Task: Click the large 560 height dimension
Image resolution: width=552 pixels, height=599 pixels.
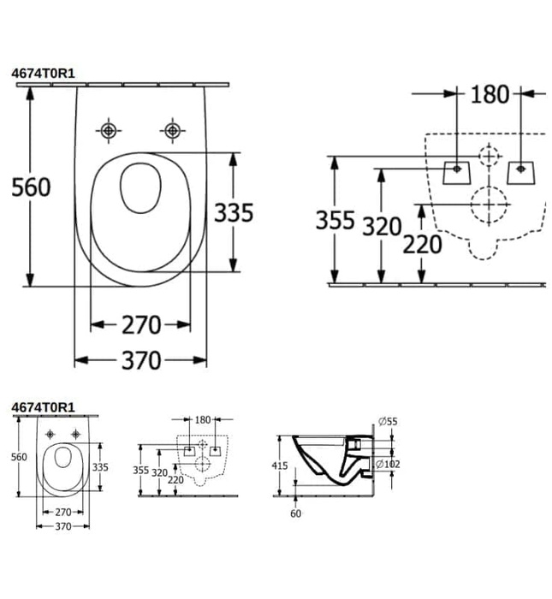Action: (x=32, y=187)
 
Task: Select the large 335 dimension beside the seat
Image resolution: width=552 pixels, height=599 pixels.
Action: (x=234, y=212)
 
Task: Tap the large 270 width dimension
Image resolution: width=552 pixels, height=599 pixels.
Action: (x=140, y=325)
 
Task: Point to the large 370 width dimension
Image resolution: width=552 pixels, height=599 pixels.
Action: (x=140, y=361)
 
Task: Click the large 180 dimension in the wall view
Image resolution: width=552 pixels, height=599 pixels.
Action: (x=490, y=94)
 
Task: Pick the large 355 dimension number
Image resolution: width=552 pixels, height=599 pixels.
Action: (x=335, y=221)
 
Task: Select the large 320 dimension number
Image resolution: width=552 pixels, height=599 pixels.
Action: (x=381, y=227)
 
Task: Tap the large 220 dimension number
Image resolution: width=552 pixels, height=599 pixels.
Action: (x=423, y=245)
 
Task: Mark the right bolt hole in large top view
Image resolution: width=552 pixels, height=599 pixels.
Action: (x=172, y=130)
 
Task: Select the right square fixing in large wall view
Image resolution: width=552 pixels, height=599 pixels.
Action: (x=520, y=170)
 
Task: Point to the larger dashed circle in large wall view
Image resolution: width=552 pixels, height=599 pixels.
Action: (x=489, y=205)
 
